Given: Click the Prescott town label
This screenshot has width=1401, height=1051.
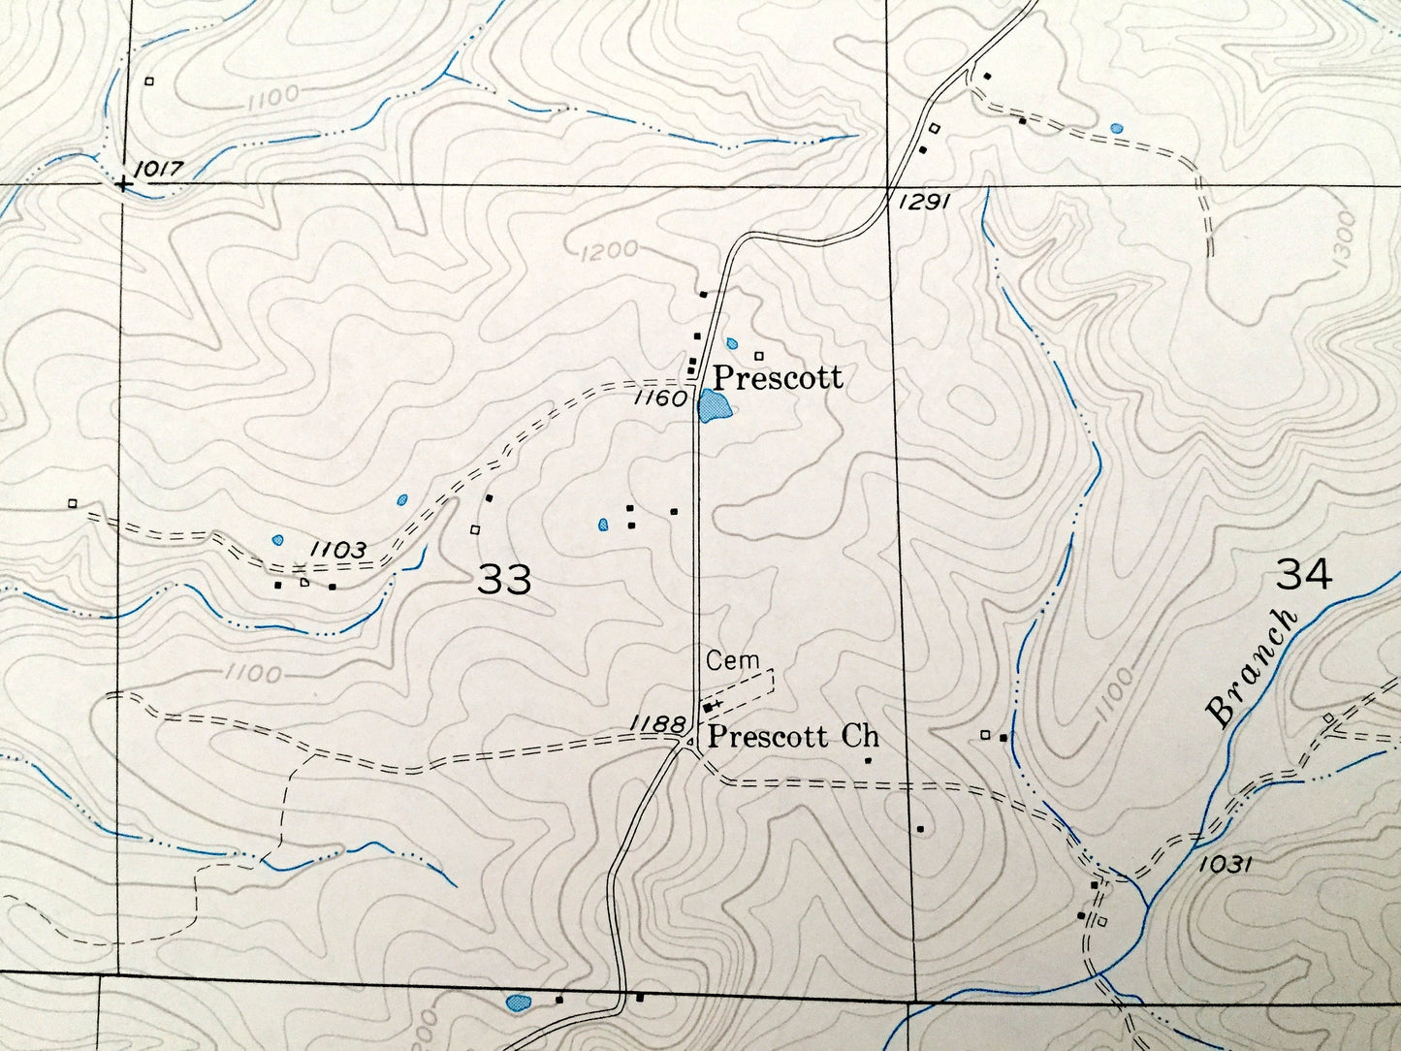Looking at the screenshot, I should point(778,376).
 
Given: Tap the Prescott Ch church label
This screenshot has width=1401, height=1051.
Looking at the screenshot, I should point(792,736).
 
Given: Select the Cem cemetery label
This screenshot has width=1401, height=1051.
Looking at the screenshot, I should point(732,661).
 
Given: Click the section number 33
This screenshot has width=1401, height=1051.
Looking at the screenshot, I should point(504,579).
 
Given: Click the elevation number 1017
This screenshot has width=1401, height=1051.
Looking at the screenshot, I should point(159,168).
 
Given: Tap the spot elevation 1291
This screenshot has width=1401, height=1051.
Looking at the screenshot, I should point(920,202).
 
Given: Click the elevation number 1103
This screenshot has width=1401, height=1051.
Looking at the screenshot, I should point(337,550).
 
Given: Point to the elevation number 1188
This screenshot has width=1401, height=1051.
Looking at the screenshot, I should point(656,722).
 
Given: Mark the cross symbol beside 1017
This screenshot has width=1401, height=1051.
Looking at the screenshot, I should point(121,183).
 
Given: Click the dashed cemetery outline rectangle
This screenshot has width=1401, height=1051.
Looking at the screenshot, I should point(743,689).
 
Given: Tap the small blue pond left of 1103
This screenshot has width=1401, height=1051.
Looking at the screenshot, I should point(278,539).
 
